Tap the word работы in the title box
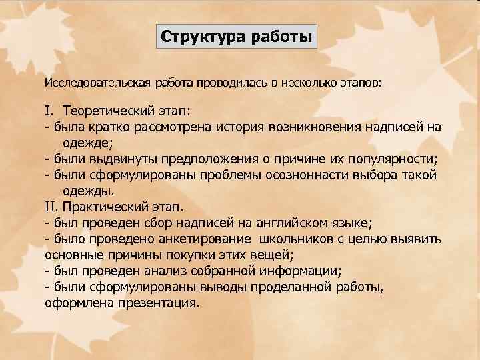tap(281, 36)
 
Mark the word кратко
tap(113, 127)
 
